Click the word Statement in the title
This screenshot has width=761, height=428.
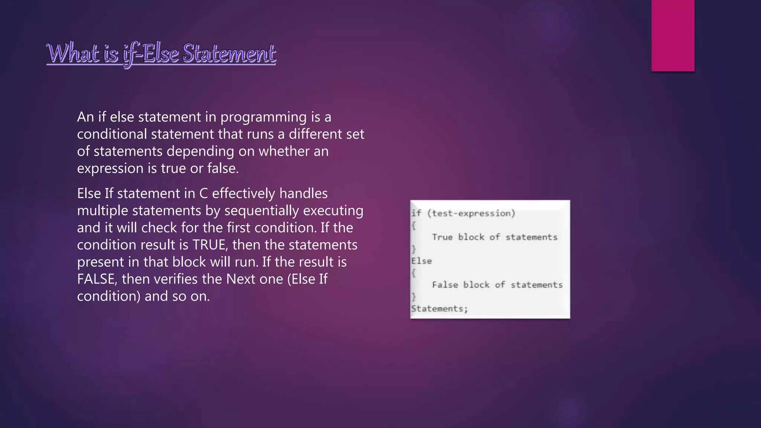(x=229, y=53)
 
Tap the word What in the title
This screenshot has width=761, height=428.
(x=73, y=53)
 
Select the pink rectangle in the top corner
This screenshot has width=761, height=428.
(x=673, y=35)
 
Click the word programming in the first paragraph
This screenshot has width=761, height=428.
(x=263, y=117)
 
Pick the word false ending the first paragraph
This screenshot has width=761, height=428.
(x=223, y=168)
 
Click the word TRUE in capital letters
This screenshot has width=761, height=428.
(x=210, y=245)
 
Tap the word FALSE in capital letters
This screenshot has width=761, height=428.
(x=97, y=279)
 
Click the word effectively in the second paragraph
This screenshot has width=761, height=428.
(x=243, y=194)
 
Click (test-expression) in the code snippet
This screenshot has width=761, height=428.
(x=471, y=213)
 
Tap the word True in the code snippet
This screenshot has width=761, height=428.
(x=442, y=237)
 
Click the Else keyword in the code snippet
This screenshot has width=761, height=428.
(x=421, y=261)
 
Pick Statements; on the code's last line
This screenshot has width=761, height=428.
(x=439, y=308)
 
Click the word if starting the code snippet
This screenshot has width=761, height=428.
(x=416, y=213)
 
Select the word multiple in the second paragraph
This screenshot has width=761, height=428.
(x=103, y=211)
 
